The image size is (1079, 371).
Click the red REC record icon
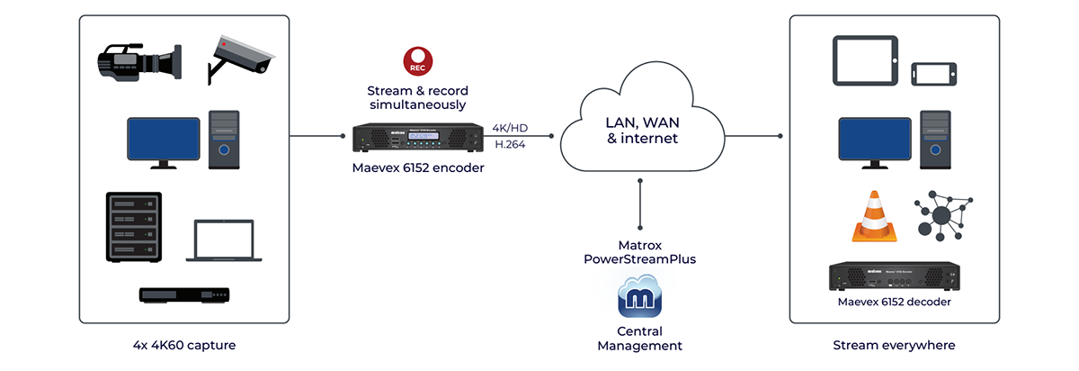(416, 61)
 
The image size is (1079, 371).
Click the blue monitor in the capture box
(163, 140)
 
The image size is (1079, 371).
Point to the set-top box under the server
(183, 294)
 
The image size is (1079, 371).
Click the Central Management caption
(639, 338)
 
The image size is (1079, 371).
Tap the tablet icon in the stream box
(863, 60)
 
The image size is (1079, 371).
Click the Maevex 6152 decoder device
(894, 277)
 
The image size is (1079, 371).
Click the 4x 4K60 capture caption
(184, 345)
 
